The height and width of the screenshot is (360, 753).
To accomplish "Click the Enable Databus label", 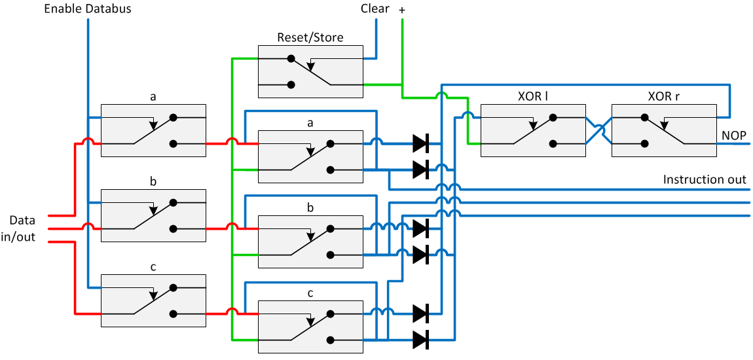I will [x=88, y=9].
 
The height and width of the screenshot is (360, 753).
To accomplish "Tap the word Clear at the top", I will [x=375, y=9].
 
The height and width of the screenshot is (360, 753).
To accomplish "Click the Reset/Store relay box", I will [x=310, y=71].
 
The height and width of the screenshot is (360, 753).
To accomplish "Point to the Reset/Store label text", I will [x=310, y=37].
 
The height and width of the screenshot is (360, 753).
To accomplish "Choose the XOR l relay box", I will [x=533, y=130].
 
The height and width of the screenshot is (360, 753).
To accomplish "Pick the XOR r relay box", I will [x=663, y=130].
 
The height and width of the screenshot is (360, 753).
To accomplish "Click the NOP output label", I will [x=734, y=135].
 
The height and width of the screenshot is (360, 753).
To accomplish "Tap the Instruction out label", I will [x=705, y=179].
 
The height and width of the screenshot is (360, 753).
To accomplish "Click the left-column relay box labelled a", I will [x=153, y=130].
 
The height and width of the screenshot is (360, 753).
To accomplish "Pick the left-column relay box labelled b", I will [x=153, y=215].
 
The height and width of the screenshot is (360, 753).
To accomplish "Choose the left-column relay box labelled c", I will [x=153, y=300].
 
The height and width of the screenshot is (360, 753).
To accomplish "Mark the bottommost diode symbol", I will [x=420, y=339].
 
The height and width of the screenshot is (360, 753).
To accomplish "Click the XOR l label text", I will [x=533, y=96].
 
